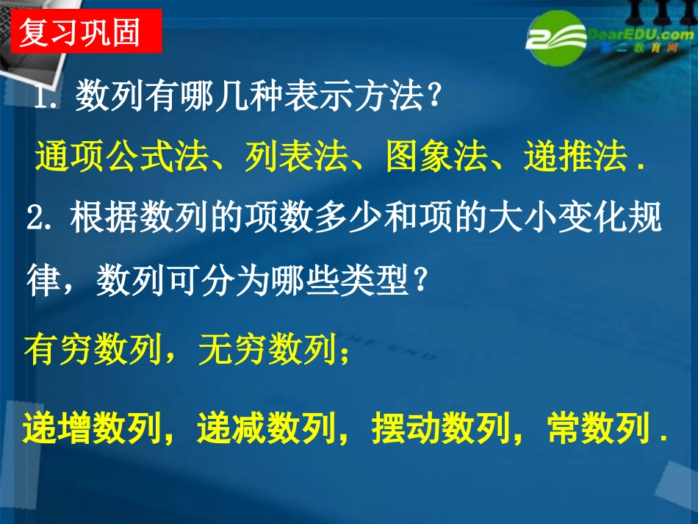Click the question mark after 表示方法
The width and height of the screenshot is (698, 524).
[x=435, y=98]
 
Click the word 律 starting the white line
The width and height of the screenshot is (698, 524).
[x=43, y=281]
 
